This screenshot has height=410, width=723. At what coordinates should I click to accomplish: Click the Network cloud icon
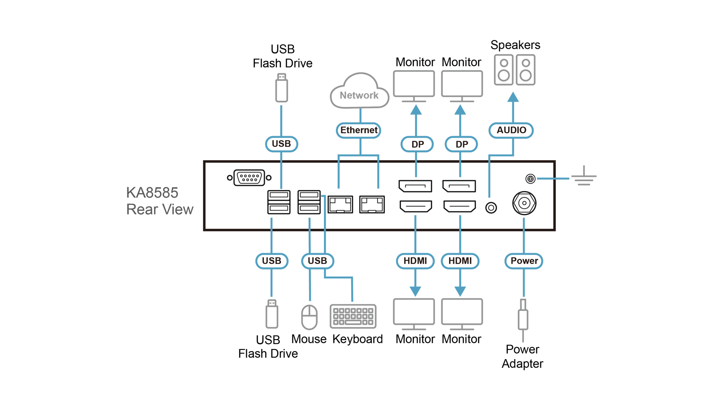(x=359, y=92)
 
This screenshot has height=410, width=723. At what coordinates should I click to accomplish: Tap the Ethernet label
(x=359, y=130)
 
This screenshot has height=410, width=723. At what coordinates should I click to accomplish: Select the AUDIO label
(x=511, y=130)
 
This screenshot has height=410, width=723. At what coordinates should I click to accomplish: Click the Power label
(x=524, y=261)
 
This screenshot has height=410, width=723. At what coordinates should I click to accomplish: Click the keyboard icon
(x=353, y=316)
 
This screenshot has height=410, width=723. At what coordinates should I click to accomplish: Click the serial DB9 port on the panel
(x=249, y=178)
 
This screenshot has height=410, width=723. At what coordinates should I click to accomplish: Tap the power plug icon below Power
(x=523, y=319)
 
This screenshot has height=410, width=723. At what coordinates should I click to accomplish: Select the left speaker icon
(x=504, y=70)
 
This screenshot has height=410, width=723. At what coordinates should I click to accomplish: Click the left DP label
(x=417, y=144)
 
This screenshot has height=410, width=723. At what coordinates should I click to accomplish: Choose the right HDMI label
(x=460, y=261)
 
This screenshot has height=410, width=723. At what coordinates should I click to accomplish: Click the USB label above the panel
(x=281, y=144)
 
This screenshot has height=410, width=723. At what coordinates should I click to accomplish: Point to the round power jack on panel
(x=524, y=203)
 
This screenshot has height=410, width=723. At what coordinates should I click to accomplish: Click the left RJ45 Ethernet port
(x=341, y=204)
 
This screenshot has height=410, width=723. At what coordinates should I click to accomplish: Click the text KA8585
(x=152, y=193)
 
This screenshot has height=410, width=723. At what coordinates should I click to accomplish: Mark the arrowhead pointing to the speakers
(x=513, y=97)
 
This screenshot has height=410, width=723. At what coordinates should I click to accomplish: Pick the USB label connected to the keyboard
(x=317, y=261)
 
